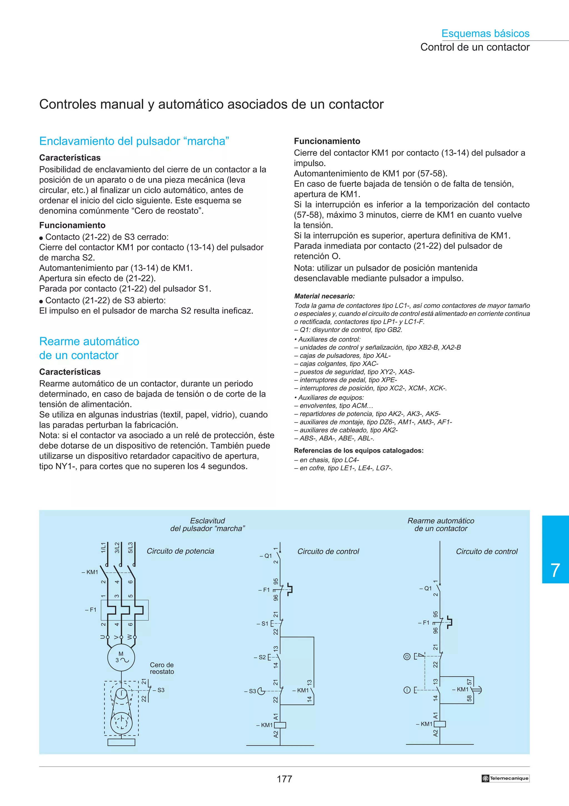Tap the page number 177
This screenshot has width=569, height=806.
284,779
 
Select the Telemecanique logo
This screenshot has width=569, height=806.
505,778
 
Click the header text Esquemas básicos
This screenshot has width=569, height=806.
485,33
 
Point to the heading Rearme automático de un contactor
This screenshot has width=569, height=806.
89,348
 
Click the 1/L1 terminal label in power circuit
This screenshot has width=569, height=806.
103,548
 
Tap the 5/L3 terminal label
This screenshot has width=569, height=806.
130,548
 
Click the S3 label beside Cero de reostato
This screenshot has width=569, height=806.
161,690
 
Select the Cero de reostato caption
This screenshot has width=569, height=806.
162,668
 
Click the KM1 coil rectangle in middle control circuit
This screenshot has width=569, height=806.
280,725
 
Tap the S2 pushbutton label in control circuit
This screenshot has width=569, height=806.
261,657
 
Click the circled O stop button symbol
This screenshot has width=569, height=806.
407,656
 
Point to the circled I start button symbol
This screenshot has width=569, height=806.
407,690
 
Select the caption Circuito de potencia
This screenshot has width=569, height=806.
180,551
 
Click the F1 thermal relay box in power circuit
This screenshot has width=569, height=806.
124,610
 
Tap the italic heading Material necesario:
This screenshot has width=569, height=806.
324,296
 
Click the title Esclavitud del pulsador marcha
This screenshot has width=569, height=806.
208,525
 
